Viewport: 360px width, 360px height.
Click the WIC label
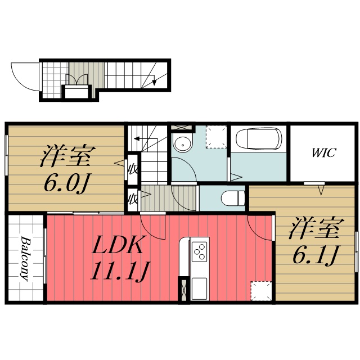click(324, 152)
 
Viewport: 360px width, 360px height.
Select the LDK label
click(117, 245)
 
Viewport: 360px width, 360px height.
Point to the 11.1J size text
click(120, 271)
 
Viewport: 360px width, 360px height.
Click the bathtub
click(259, 139)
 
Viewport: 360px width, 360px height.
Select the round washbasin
click(183, 144)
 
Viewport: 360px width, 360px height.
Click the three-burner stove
click(199, 251)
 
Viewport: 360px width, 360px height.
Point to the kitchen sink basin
click(199, 289)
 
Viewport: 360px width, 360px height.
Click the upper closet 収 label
click(133, 169)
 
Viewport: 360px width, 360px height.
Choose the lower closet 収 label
click(133, 199)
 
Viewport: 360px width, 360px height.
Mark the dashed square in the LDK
click(261, 291)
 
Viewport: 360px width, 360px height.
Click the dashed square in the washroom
click(216, 137)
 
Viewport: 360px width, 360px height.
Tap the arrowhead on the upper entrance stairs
click(154, 82)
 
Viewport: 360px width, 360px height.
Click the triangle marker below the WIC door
click(321, 190)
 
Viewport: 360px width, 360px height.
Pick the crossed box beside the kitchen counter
click(184, 290)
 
